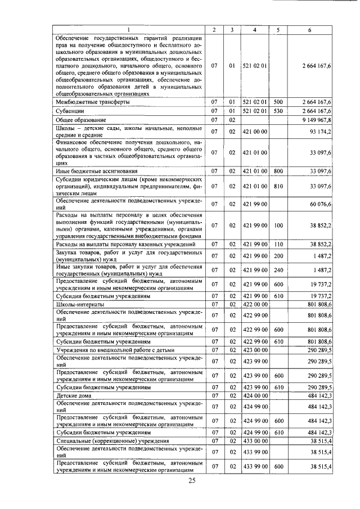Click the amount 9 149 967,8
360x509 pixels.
(317, 120)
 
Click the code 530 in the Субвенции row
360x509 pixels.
(278, 111)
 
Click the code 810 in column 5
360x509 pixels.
(278, 186)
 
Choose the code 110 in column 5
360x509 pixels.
(278, 244)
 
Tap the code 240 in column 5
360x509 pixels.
(278, 270)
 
